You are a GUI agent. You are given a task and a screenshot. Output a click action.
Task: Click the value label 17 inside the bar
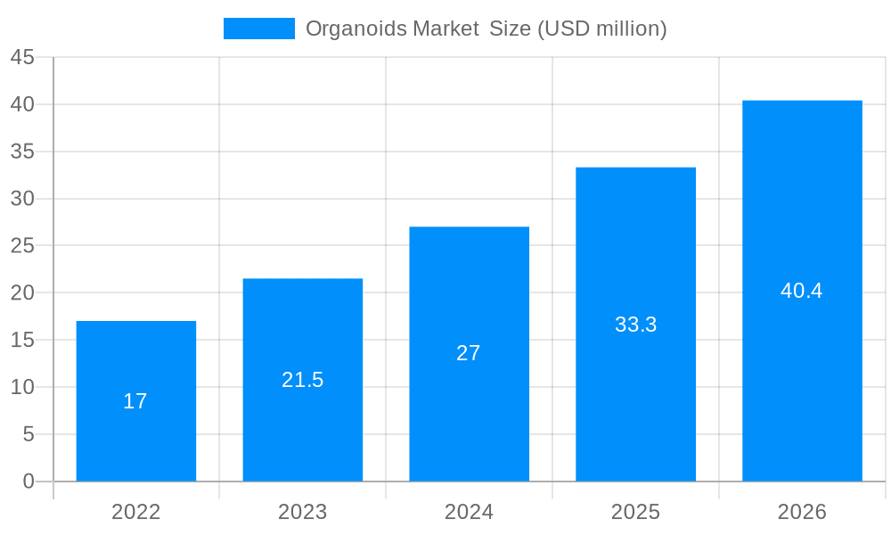[135, 401]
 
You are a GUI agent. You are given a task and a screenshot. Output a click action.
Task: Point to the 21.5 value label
[303, 380]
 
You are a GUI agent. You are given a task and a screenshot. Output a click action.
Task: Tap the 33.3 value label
[635, 325]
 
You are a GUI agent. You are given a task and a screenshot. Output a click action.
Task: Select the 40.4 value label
[802, 291]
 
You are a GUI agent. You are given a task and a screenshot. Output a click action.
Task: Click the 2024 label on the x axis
[469, 512]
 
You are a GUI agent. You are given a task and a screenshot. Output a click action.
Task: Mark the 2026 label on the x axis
[802, 512]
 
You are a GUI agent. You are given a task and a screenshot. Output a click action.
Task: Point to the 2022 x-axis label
[136, 512]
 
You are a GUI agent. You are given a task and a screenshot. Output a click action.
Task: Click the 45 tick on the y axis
[22, 58]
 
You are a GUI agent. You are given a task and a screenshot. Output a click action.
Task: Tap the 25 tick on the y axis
[22, 246]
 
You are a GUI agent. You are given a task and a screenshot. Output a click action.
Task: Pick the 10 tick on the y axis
[22, 387]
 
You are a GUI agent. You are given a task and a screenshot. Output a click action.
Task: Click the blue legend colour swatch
[258, 29]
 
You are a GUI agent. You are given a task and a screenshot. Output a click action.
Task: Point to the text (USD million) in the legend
[601, 29]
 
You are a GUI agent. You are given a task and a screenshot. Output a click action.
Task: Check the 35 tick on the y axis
[22, 152]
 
